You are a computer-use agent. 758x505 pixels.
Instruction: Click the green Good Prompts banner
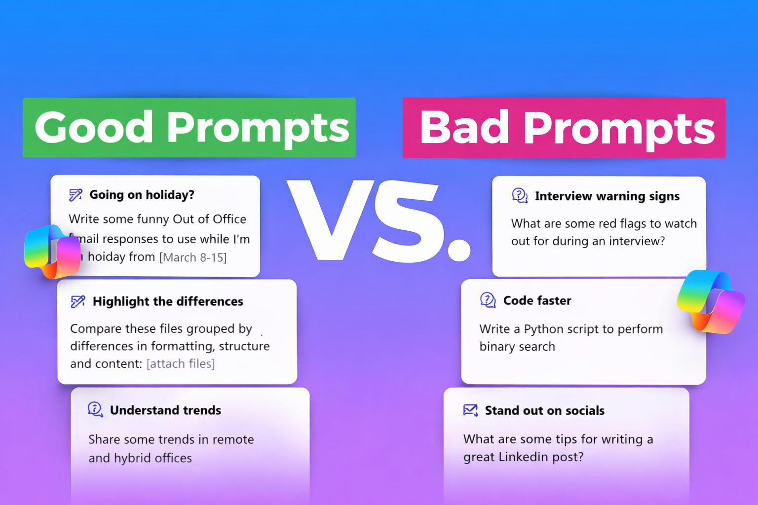pyautogui.click(x=189, y=128)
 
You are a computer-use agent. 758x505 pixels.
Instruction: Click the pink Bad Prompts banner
pyautogui.click(x=564, y=128)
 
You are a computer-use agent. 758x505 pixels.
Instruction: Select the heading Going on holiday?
pyautogui.click(x=142, y=195)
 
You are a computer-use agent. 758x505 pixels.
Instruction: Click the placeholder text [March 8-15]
pyautogui.click(x=193, y=257)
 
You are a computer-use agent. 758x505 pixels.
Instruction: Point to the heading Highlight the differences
pyautogui.click(x=168, y=301)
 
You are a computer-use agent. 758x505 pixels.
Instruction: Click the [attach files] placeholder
pyautogui.click(x=180, y=363)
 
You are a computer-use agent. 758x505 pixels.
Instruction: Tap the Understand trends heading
pyautogui.click(x=165, y=410)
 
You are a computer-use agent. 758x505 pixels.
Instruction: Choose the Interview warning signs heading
pyautogui.click(x=607, y=196)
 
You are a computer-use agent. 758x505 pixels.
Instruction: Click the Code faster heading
pyautogui.click(x=537, y=300)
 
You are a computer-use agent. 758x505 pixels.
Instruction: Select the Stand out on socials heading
pyautogui.click(x=544, y=410)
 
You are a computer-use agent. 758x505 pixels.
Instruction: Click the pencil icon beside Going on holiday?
pyautogui.click(x=76, y=195)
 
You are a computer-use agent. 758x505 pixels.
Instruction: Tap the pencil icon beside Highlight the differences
pyautogui.click(x=78, y=301)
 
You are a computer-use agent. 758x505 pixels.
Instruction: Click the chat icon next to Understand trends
pyautogui.click(x=95, y=409)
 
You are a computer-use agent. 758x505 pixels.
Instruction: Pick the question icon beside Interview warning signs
pyautogui.click(x=520, y=195)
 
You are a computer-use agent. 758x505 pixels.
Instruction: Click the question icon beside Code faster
pyautogui.click(x=488, y=300)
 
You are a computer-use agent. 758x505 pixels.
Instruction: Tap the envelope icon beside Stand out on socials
pyautogui.click(x=470, y=410)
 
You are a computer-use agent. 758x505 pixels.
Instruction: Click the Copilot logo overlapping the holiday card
pyautogui.click(x=52, y=252)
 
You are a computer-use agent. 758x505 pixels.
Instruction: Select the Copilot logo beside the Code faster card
pyautogui.click(x=710, y=302)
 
